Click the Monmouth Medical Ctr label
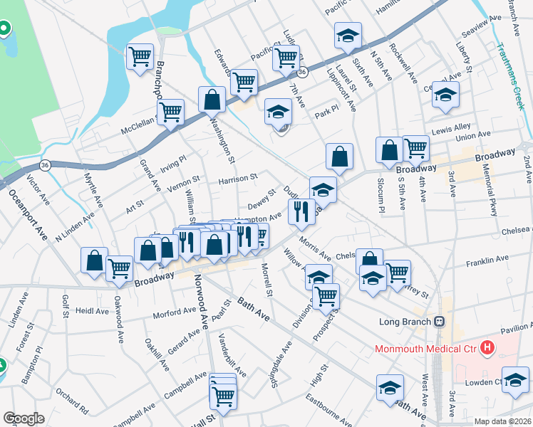[x=426, y=349]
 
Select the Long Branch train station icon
[x=441, y=322]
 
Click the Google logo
[x=24, y=418]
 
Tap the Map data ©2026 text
[x=503, y=421]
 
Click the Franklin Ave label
[x=487, y=259]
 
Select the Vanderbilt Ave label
[x=232, y=354]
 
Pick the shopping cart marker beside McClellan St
[x=171, y=111]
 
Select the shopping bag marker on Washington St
[x=212, y=100]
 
